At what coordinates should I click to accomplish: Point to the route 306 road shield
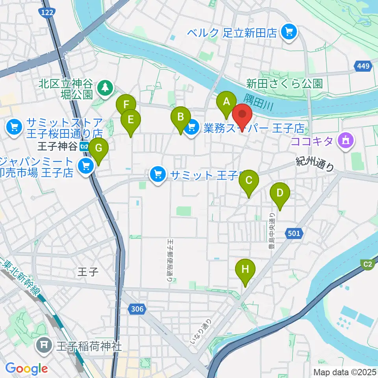137,309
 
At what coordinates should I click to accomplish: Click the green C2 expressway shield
368,265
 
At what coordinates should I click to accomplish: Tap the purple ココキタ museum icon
346,141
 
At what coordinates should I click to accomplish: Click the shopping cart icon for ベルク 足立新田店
289,32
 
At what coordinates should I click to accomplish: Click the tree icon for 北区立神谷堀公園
105,87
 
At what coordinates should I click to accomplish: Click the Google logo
27,368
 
